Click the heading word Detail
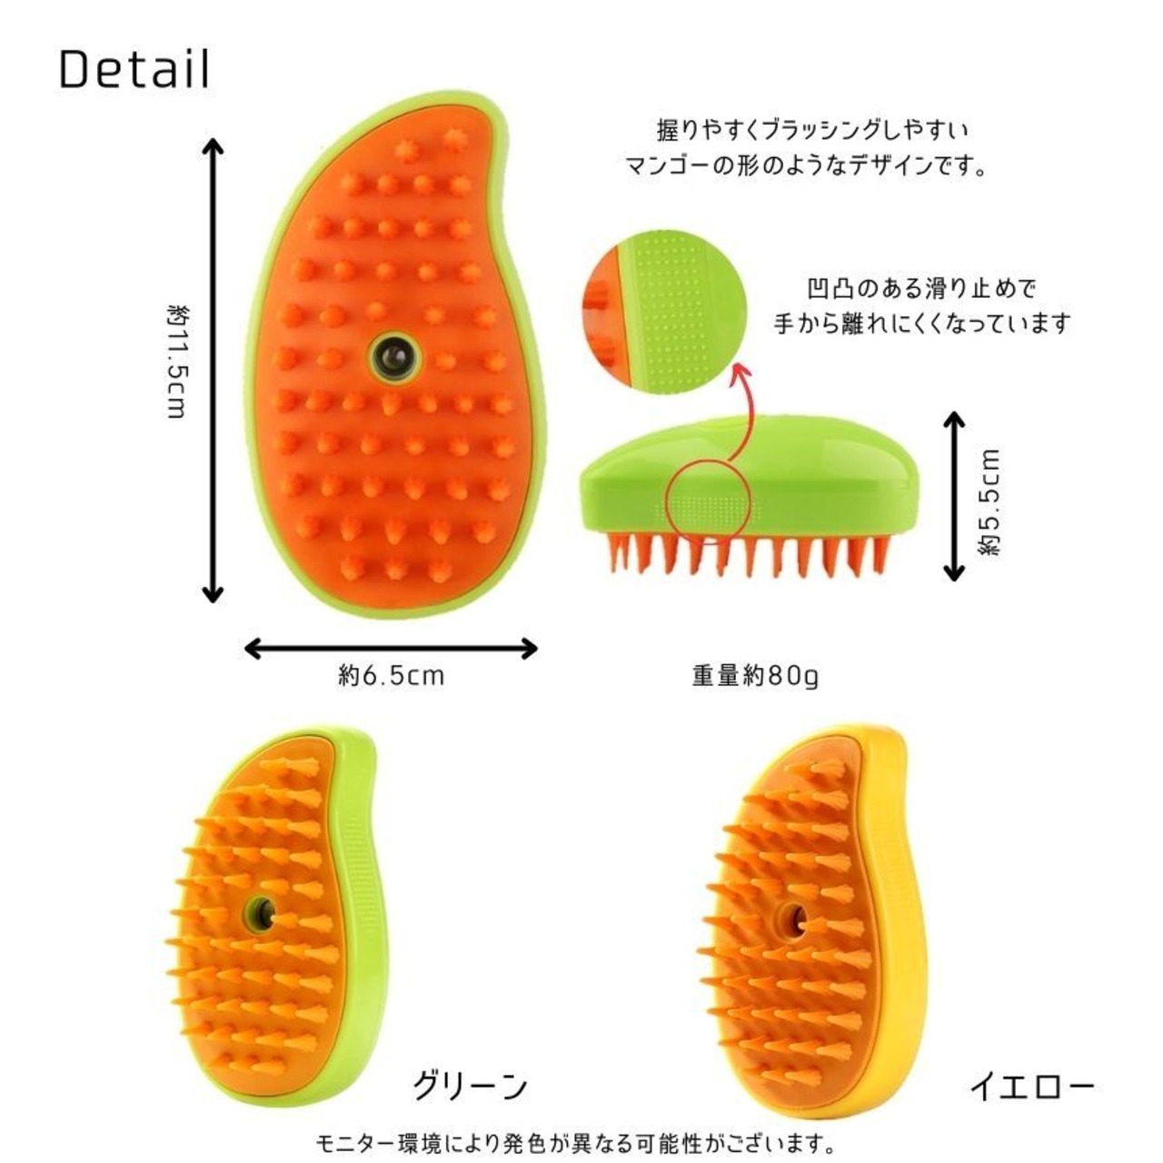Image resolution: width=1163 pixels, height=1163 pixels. point(134,69)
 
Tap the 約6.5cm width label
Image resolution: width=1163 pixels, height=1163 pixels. point(392,676)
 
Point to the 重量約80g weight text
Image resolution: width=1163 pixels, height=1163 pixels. point(755,676)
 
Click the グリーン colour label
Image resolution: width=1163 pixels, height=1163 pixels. point(470,1085)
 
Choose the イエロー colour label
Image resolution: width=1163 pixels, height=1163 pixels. point(1031,1087)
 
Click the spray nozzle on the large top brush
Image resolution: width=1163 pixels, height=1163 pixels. point(395,355)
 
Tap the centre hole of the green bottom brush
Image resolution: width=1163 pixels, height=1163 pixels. point(262,912)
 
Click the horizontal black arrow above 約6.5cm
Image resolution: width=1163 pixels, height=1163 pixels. point(392,648)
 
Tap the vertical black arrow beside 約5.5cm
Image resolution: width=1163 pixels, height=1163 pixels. point(953,495)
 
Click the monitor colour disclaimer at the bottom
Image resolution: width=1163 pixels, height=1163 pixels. point(574,1142)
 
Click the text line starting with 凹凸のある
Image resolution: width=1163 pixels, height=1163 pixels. point(921,290)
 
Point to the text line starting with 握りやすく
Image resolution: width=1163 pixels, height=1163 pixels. point(812,130)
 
